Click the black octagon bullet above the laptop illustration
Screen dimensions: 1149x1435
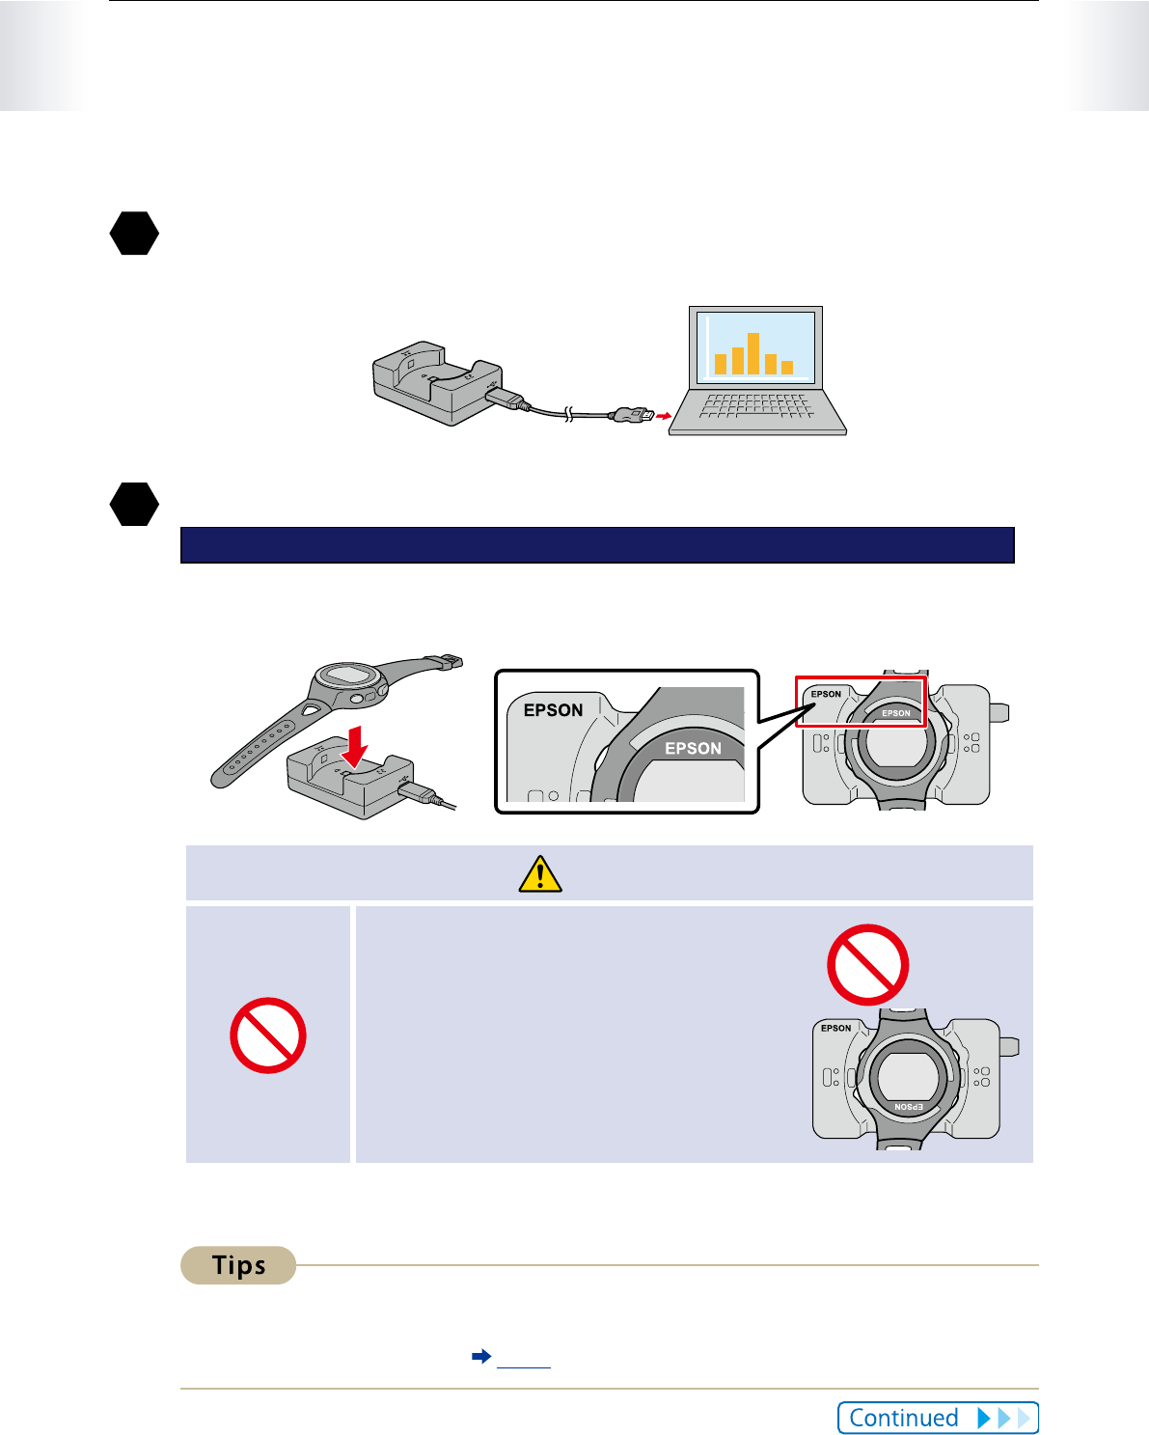[x=134, y=234]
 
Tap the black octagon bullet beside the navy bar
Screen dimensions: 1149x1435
[x=134, y=504]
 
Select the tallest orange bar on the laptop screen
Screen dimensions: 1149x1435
[x=753, y=353]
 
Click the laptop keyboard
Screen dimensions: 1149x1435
[x=756, y=405]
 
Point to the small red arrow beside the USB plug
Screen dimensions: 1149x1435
[x=663, y=416]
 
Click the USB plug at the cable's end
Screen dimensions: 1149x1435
[x=632, y=416]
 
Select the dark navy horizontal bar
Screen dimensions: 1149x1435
[x=597, y=545]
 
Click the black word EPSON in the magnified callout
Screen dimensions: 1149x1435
[x=553, y=710]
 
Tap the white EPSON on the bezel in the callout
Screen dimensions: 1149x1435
[x=693, y=748]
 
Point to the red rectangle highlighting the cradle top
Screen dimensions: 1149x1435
[x=860, y=702]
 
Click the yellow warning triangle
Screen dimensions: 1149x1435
[x=540, y=873]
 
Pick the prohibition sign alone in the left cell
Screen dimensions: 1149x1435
[x=268, y=1035]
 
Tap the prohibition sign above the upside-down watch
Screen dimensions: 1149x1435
[x=868, y=965]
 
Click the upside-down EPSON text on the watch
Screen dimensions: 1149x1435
[x=909, y=1107]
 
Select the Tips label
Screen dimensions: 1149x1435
[x=238, y=1265]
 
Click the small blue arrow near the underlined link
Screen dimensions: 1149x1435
[x=481, y=1356]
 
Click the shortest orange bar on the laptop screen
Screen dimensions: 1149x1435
[x=787, y=368]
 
